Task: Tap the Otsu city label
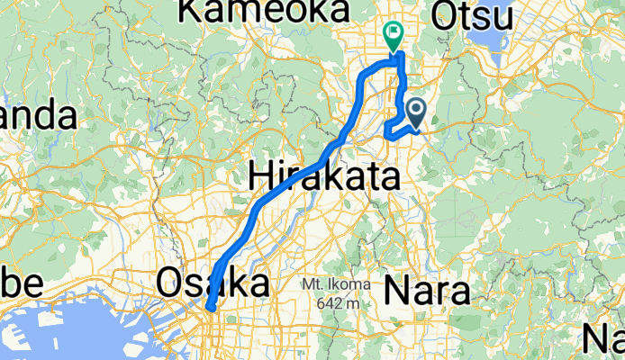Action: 472,14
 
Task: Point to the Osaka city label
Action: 213,283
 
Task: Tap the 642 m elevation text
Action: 340,302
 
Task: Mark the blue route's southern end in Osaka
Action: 210,309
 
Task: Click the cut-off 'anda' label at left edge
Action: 36,115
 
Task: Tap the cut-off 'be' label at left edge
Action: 20,283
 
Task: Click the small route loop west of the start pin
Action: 394,129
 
